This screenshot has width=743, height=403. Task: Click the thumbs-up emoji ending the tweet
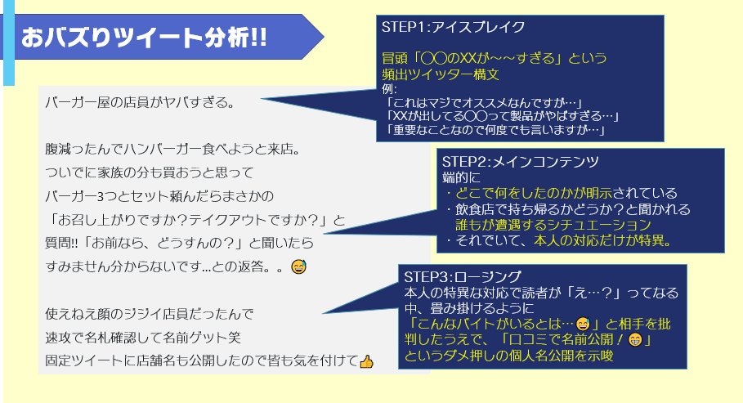click(x=366, y=360)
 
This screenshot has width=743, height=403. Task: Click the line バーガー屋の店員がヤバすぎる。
click(x=141, y=104)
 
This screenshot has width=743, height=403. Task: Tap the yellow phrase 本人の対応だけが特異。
click(x=602, y=241)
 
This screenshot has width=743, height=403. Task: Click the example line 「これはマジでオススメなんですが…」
click(x=484, y=102)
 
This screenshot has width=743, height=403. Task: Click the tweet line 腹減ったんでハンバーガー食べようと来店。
click(x=172, y=150)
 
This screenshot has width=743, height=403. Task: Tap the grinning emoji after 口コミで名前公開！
click(x=633, y=339)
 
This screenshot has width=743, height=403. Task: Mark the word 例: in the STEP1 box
click(x=389, y=88)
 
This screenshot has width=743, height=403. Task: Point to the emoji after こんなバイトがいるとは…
click(x=583, y=323)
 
